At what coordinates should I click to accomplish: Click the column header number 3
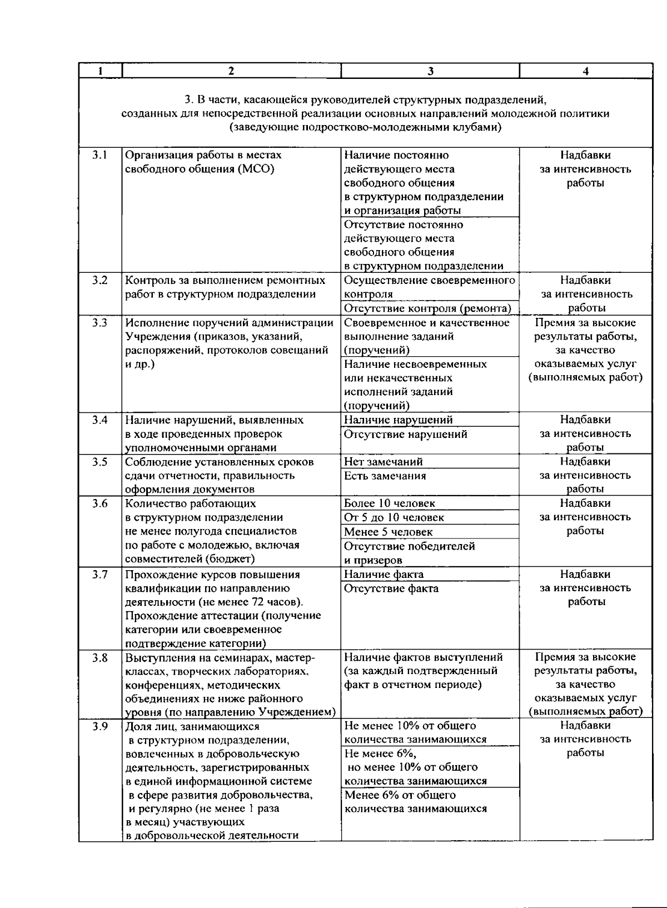[x=430, y=71]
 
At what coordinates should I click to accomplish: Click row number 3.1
[x=100, y=155]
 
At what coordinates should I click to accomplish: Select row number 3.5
[x=100, y=462]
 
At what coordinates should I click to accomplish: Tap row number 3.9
[x=100, y=726]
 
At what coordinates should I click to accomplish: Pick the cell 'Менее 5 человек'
[x=388, y=532]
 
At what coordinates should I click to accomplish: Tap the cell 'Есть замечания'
[x=385, y=476]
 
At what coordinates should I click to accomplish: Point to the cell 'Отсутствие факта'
[x=391, y=588]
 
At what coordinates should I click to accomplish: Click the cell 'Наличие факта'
[x=384, y=575]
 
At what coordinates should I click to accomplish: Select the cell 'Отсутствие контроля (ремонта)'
[x=427, y=308]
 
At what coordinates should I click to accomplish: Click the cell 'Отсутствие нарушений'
[x=405, y=434]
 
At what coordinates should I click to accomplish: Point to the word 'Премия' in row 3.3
[x=552, y=323]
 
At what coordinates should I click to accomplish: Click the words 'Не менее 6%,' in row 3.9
[x=381, y=754]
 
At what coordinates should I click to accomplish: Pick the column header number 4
[x=586, y=71]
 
